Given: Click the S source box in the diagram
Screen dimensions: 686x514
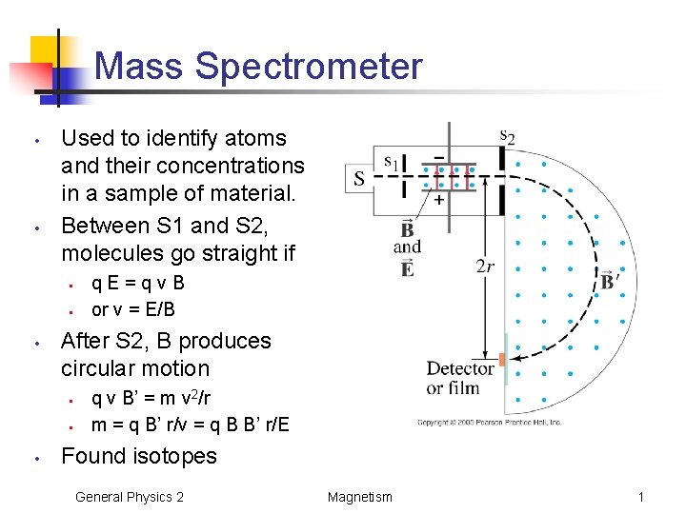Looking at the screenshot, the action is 359,177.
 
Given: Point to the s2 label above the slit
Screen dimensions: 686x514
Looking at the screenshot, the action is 507,136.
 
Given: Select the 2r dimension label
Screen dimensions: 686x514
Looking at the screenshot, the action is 484,266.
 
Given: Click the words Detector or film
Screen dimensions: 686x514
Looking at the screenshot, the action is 460,378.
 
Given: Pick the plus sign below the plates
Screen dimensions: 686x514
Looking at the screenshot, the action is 438,201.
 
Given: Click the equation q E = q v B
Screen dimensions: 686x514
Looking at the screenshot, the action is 137,282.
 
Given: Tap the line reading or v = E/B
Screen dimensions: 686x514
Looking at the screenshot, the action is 132,308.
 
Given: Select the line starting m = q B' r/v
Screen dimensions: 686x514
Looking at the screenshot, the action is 190,424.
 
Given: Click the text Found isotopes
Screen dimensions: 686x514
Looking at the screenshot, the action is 138,456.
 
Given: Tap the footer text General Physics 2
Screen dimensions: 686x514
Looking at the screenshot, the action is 130,496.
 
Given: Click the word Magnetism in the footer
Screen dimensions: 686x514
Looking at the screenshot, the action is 359,496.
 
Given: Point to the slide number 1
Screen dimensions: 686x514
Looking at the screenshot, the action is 641,496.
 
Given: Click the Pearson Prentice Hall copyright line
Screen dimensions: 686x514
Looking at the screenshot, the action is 489,423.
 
